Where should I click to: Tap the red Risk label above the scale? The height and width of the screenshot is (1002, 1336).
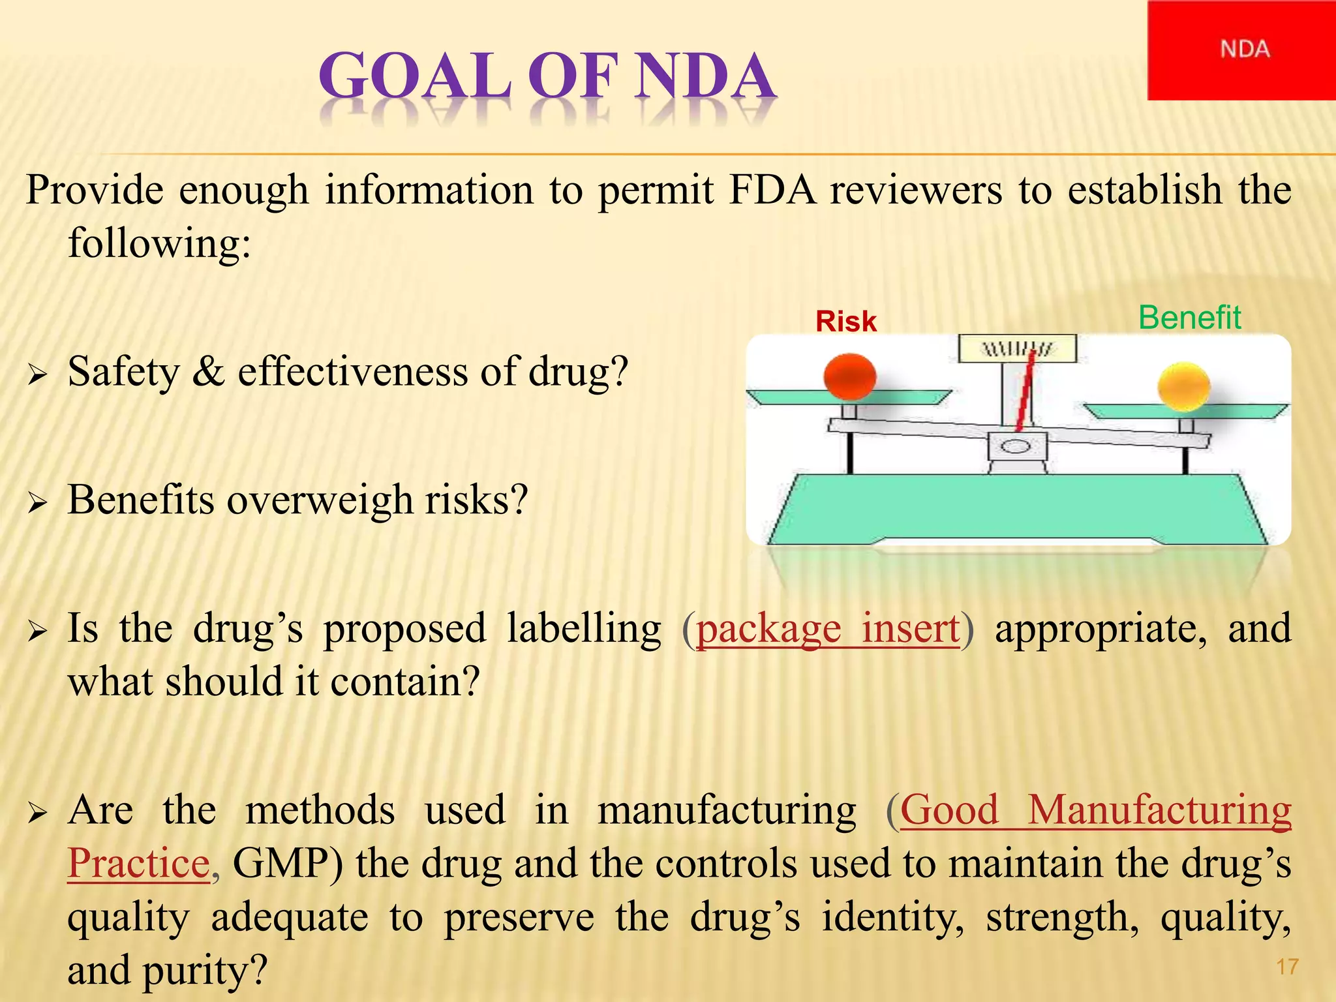click(846, 322)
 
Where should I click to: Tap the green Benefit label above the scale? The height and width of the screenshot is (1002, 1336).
click(1189, 318)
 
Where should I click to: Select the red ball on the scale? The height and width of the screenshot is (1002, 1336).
click(849, 376)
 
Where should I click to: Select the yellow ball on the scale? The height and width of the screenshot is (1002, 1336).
click(1183, 387)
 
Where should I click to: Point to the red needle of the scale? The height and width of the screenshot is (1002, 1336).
click(1025, 391)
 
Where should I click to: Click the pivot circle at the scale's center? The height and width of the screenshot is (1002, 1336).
click(1016, 447)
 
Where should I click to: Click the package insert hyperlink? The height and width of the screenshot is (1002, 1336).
click(828, 629)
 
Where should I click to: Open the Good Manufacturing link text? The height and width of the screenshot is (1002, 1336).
click(1096, 810)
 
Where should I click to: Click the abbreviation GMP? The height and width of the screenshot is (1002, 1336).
click(281, 864)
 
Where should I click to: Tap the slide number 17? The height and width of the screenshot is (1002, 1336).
click(1287, 967)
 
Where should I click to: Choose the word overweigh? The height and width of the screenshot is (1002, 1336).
click(320, 501)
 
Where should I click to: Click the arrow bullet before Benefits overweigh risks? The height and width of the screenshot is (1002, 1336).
click(38, 502)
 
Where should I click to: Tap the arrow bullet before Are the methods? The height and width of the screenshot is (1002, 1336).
click(38, 813)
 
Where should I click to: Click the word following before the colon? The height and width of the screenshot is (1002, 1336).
click(153, 244)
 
